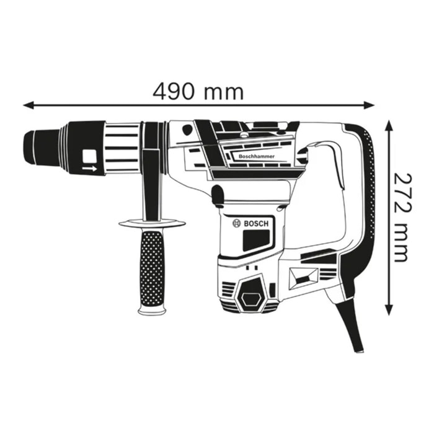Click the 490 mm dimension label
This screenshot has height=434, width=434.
coord(198,91)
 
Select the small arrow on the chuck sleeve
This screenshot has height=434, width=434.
coord(91,168)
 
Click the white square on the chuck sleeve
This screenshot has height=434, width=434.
coord(91,156)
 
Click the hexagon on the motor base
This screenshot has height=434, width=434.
coord(251,297)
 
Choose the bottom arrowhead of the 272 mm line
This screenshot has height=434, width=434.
coord(389,312)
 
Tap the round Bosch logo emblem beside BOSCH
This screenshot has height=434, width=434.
coord(236,223)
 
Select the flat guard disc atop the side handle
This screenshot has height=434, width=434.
coord(152,224)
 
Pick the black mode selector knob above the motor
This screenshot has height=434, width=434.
coord(218,195)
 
